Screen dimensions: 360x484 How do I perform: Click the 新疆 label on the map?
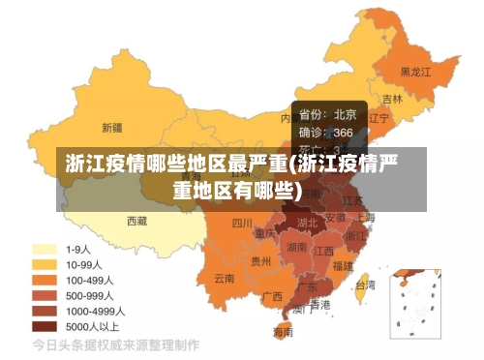[x=112, y=127]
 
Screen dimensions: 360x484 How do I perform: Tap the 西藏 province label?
[x=137, y=221]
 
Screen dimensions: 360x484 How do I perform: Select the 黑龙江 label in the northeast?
[x=416, y=72]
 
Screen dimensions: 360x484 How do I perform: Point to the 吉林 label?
[x=392, y=99]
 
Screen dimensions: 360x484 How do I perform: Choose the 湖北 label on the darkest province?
[x=307, y=224]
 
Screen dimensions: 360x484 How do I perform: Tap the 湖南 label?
[x=297, y=248]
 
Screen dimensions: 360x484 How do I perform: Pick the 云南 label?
[x=225, y=278]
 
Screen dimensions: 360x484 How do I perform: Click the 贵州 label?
[x=261, y=260]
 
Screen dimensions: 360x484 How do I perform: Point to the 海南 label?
[x=284, y=332]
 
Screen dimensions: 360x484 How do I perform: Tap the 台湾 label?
[x=365, y=285]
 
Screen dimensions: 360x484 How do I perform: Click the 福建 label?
[x=343, y=264]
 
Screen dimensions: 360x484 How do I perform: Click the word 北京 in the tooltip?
[x=345, y=114]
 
